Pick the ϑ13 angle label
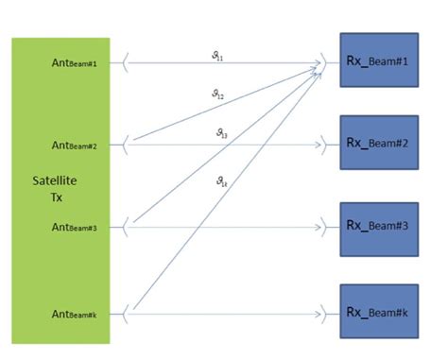point(220,134)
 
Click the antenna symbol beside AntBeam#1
point(126,64)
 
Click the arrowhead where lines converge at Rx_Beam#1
point(319,64)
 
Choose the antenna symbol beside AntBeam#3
point(126,227)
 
